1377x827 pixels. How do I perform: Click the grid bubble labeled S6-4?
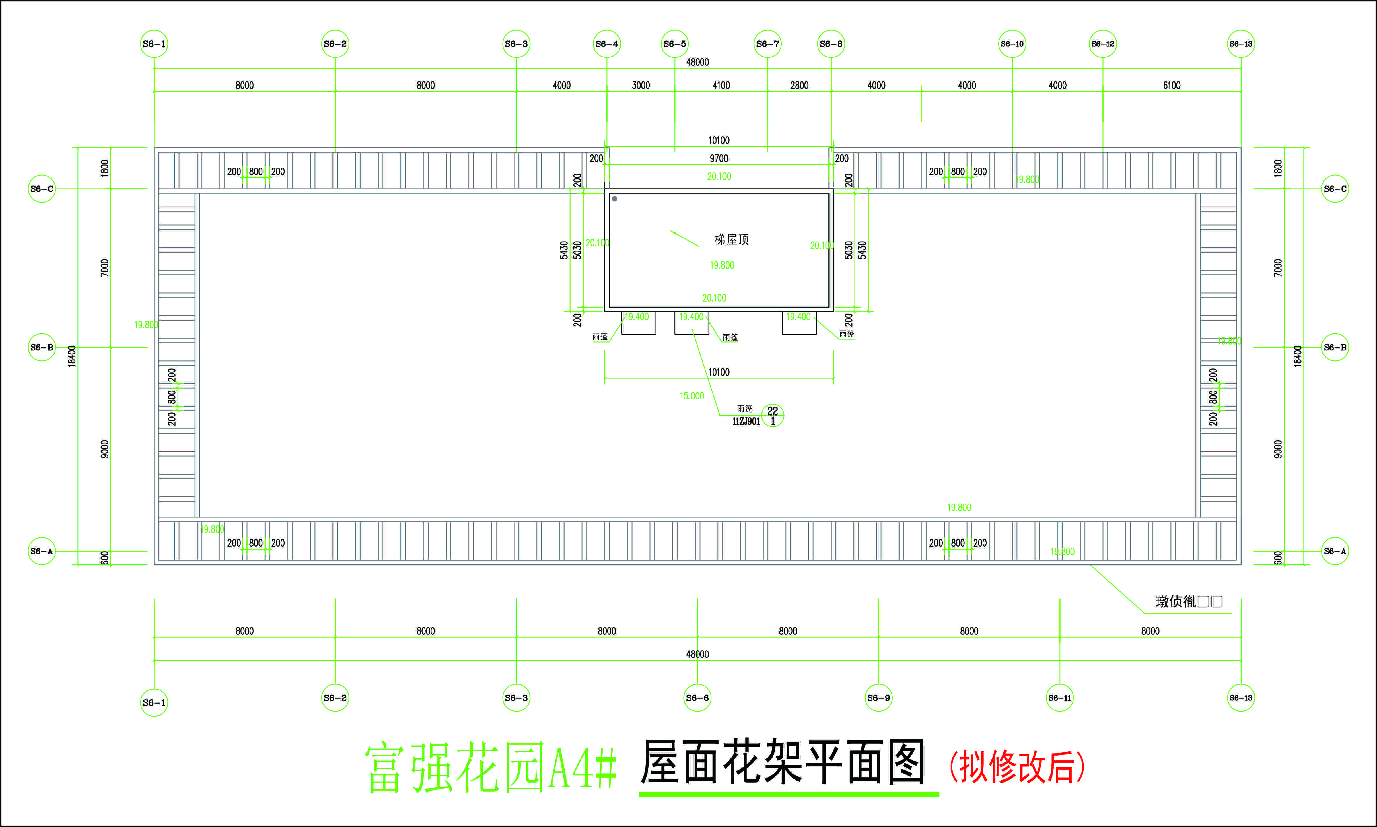pos(607,44)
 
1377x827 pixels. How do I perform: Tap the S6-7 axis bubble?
pos(768,44)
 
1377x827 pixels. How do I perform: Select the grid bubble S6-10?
pos(1012,44)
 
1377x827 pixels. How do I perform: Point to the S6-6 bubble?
pos(697,698)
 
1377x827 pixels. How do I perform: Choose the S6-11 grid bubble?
pos(1059,698)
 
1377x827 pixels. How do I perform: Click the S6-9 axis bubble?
pos(878,698)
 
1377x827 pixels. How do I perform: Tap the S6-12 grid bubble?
pos(1103,44)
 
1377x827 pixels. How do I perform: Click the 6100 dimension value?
pos(1171,85)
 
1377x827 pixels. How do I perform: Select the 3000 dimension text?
pos(641,85)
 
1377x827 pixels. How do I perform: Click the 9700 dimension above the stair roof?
pos(719,158)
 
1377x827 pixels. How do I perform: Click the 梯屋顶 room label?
pos(732,240)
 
